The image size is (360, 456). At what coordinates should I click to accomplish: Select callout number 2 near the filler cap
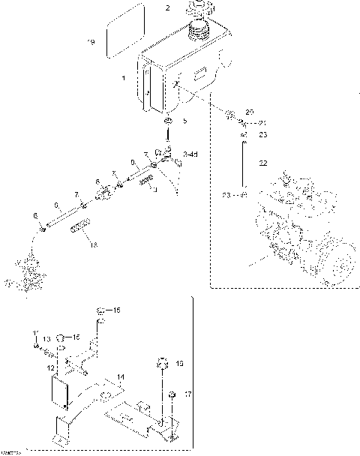pyautogui.click(x=168, y=8)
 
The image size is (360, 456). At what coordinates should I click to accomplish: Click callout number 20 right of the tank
pyautogui.click(x=250, y=111)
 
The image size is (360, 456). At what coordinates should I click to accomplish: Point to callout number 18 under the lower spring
pyautogui.click(x=93, y=245)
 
